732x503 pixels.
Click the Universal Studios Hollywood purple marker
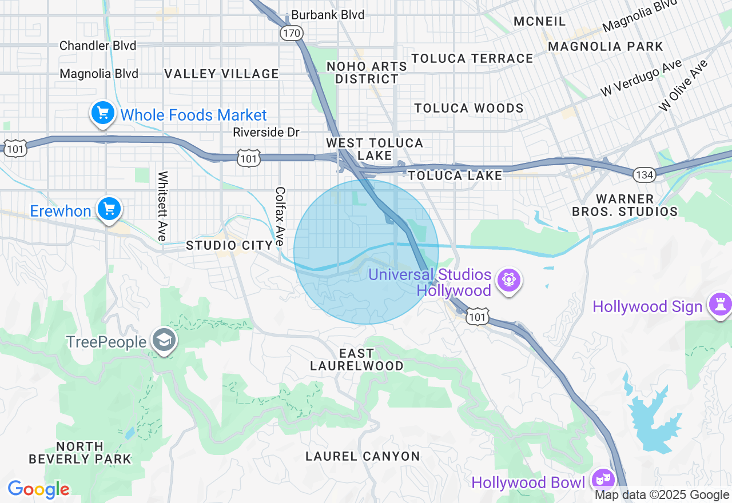[x=508, y=281]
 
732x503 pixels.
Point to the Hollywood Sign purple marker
[x=719, y=305]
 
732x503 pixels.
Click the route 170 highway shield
[x=291, y=33]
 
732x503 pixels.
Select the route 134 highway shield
[x=645, y=174]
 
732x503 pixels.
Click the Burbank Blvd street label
[x=328, y=15]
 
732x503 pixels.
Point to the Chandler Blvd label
[x=98, y=46]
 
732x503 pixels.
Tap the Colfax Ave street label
[x=280, y=216]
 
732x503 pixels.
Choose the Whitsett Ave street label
[x=163, y=206]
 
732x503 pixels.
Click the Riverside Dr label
[x=266, y=133]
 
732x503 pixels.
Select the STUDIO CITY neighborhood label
[x=229, y=246]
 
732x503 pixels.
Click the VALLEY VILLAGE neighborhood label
[x=222, y=74]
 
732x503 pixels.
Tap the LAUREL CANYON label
[x=363, y=456]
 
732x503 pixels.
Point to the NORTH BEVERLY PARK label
[x=80, y=452]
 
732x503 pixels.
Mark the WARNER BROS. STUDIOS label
[x=624, y=205]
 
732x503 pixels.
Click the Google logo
[x=38, y=489]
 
